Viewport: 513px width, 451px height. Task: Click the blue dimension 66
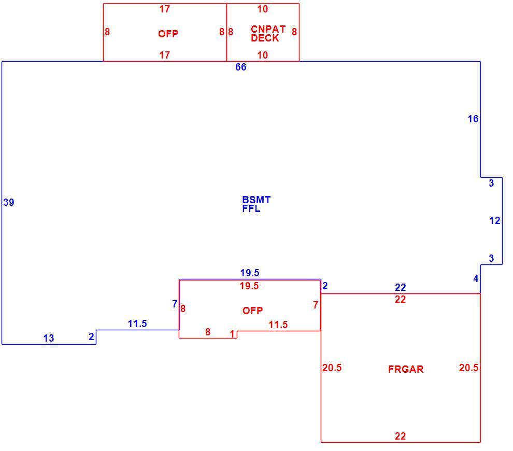click(x=240, y=67)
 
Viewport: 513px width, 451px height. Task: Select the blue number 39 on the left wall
click(x=9, y=202)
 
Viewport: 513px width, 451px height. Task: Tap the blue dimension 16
click(x=473, y=119)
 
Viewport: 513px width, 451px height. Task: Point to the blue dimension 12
click(x=495, y=221)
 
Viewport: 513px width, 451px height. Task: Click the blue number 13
click(x=49, y=338)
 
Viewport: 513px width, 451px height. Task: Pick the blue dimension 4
click(x=476, y=278)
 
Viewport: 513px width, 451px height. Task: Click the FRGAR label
click(x=406, y=369)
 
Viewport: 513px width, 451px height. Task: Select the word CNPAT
click(x=268, y=29)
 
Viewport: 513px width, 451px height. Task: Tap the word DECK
click(x=265, y=38)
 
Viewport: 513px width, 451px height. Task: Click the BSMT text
click(x=256, y=200)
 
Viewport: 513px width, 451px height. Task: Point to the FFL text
click(x=251, y=208)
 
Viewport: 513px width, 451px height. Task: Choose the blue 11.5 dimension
click(x=137, y=323)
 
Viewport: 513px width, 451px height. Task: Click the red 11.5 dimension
click(x=278, y=325)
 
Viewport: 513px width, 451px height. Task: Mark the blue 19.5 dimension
click(x=250, y=273)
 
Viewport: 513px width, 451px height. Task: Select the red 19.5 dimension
click(x=249, y=286)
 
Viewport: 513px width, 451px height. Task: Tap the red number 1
click(x=232, y=334)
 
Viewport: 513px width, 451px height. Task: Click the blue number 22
click(x=401, y=287)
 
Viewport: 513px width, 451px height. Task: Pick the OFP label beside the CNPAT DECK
click(x=168, y=34)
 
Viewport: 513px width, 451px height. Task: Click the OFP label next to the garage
click(x=252, y=311)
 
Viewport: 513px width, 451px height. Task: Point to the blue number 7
click(x=175, y=304)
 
